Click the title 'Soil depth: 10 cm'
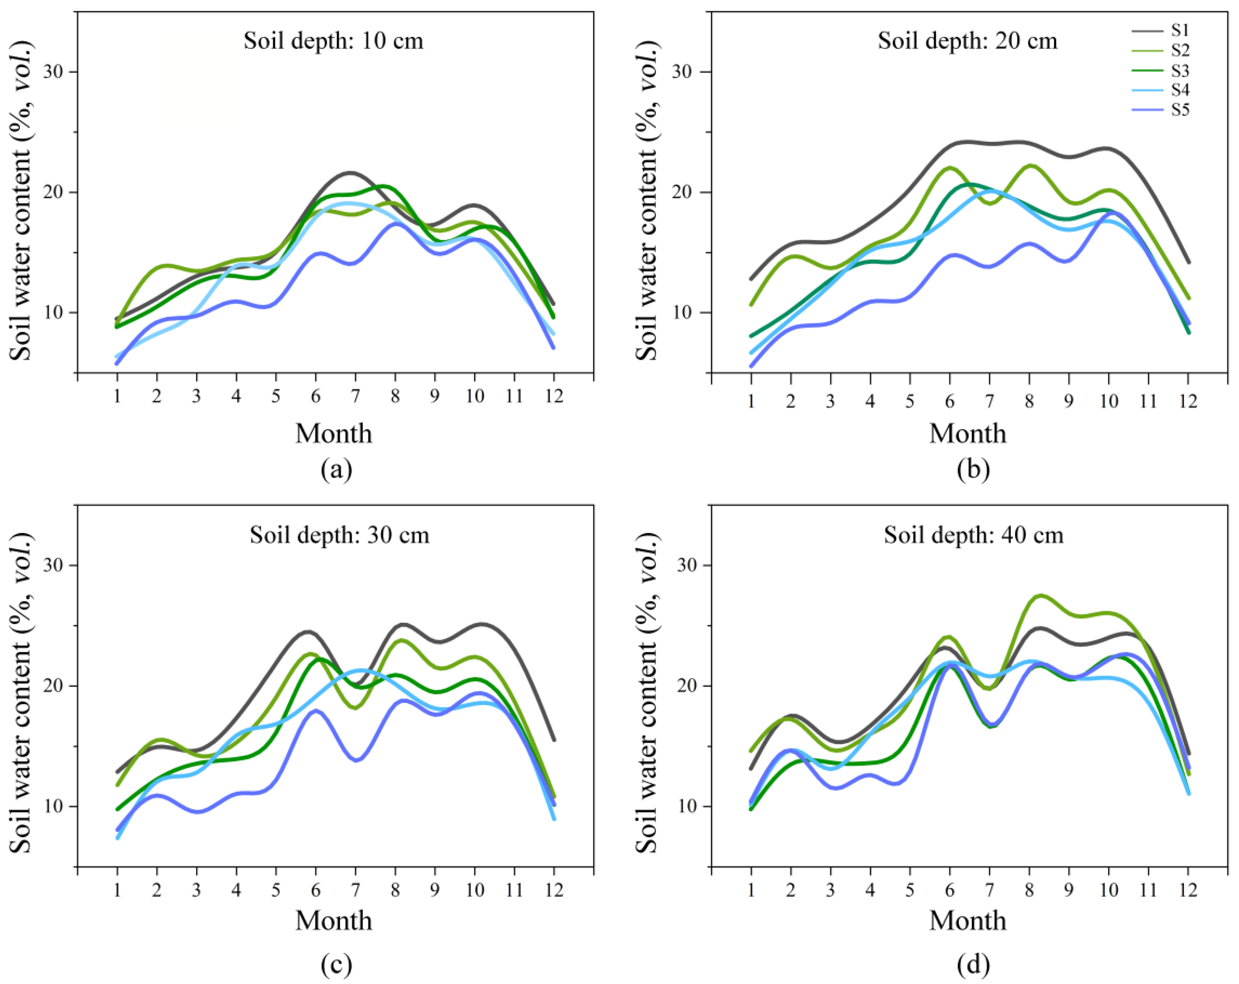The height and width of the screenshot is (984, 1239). [x=333, y=41]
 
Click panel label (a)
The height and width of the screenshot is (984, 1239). [x=336, y=469]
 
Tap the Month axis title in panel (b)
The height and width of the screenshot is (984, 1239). [x=968, y=434]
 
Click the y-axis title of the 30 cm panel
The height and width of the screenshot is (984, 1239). [x=21, y=693]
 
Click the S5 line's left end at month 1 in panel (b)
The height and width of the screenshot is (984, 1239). [x=751, y=366]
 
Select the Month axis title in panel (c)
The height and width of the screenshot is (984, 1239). [x=334, y=921]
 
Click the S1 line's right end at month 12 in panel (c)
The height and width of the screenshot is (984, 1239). [x=554, y=740]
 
